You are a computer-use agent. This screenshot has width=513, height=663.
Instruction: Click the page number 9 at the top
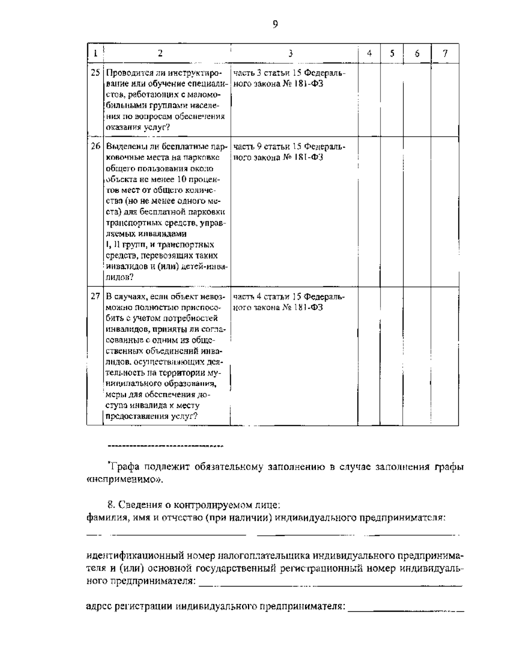pyautogui.click(x=275, y=24)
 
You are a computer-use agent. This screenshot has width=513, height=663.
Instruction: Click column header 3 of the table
pyautogui.click(x=290, y=53)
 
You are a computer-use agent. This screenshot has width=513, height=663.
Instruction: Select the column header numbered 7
pyautogui.click(x=445, y=53)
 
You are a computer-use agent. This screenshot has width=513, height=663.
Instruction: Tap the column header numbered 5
pyautogui.click(x=392, y=53)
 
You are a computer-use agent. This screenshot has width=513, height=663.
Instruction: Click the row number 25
pyautogui.click(x=95, y=73)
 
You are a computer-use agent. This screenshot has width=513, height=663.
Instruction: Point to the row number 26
pyautogui.click(x=95, y=146)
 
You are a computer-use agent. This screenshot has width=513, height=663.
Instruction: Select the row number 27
pyautogui.click(x=95, y=296)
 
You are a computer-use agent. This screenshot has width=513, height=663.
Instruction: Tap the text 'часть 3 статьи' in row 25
pyautogui.click(x=257, y=73)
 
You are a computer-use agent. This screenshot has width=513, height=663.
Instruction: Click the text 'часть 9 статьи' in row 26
pyautogui.click(x=257, y=146)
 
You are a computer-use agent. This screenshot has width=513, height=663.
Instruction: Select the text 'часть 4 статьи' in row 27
pyautogui.click(x=257, y=296)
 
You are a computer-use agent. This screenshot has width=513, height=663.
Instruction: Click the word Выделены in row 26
pyautogui.click(x=123, y=146)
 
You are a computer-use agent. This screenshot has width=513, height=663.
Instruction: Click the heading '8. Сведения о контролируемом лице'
pyautogui.click(x=194, y=505)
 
